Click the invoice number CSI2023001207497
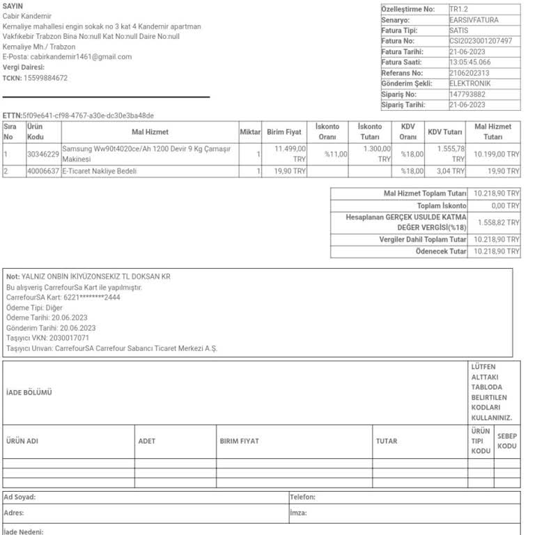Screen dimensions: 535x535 pyautogui.click(x=481, y=41)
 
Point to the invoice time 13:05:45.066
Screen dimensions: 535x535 pyautogui.click(x=470, y=62)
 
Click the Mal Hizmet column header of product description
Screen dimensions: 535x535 pyautogui.click(x=150, y=132)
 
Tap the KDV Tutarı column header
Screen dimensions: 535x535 pyautogui.click(x=445, y=132)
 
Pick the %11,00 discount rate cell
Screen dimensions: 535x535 pyautogui.click(x=335, y=154)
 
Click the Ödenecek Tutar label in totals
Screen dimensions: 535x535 pyautogui.click(x=441, y=251)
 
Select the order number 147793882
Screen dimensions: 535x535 pyautogui.click(x=467, y=94)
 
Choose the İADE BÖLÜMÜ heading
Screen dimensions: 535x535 pyautogui.click(x=29, y=393)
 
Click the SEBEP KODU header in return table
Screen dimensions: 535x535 pyautogui.click(x=507, y=441)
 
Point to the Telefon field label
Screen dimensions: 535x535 pyautogui.click(x=302, y=497)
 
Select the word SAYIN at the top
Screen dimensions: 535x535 pyautogui.click(x=13, y=6)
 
